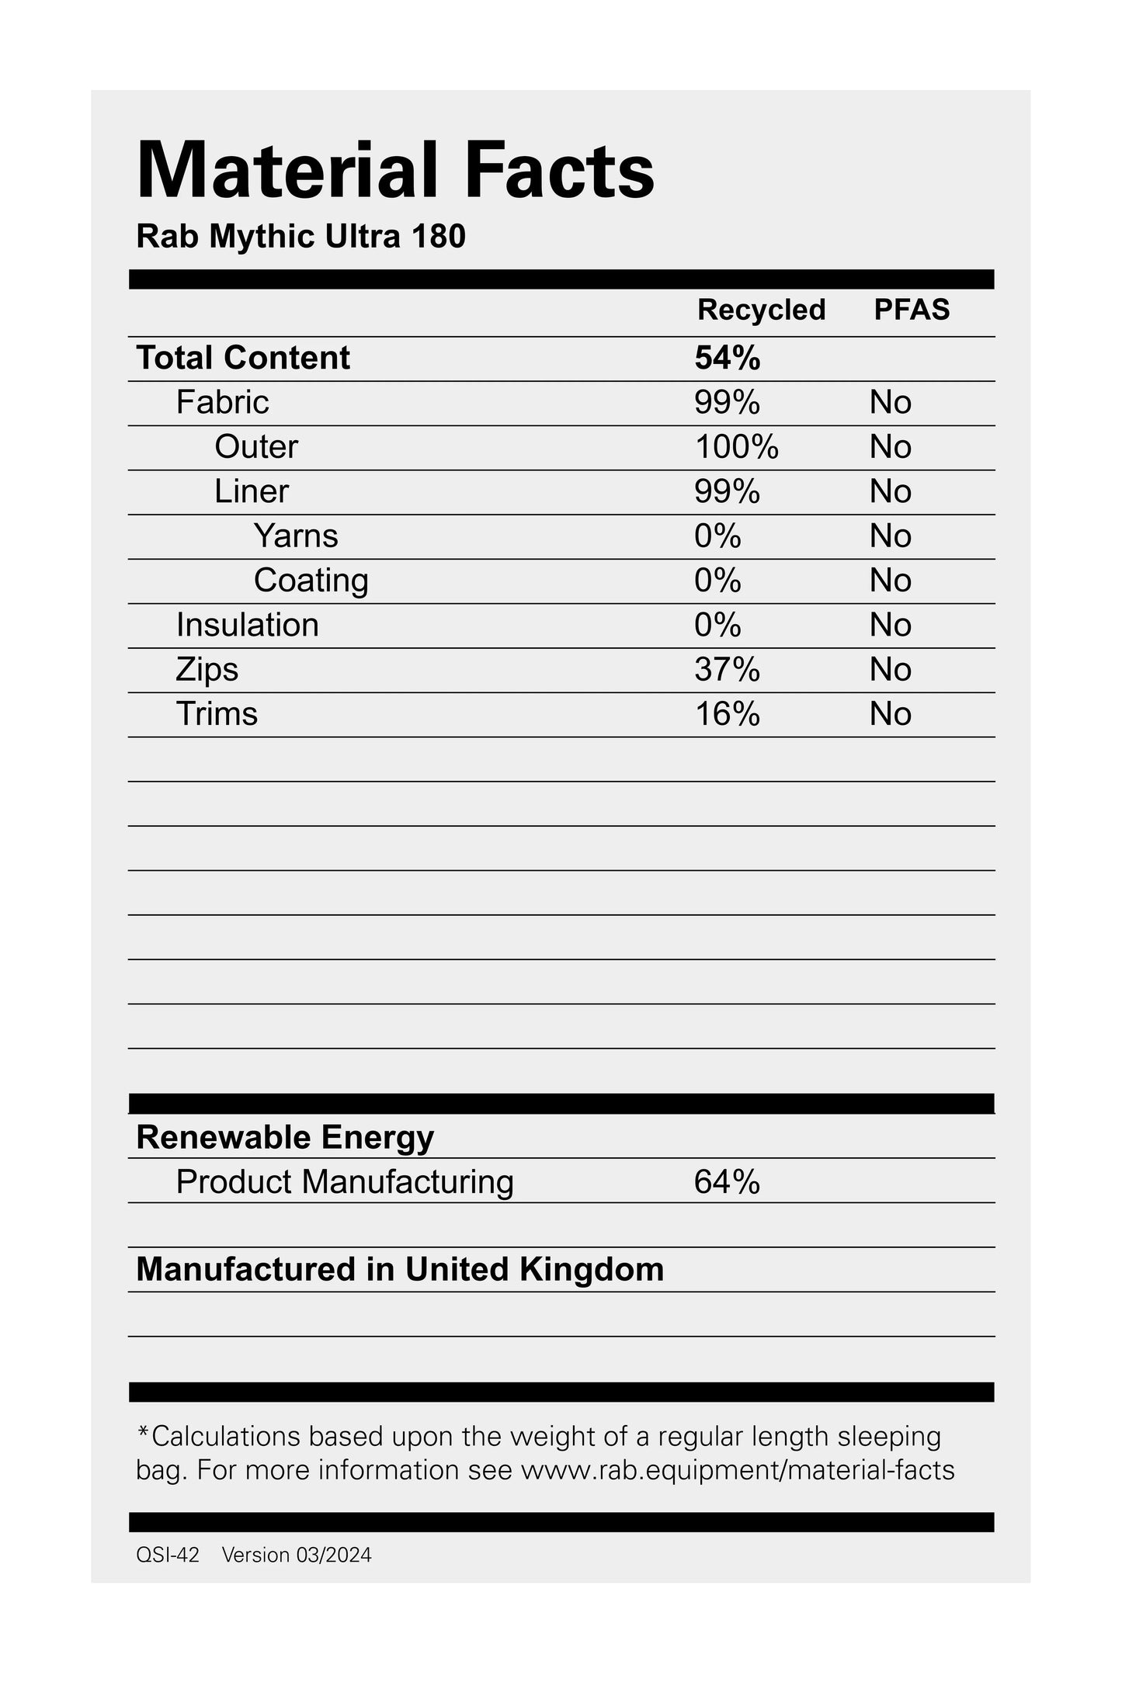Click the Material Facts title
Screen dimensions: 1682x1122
[x=395, y=170]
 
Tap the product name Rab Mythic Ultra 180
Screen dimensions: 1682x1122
[x=300, y=237]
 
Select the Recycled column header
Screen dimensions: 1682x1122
[x=761, y=310]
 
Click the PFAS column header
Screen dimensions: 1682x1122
[x=912, y=310]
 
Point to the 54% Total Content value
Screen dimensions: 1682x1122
[x=727, y=358]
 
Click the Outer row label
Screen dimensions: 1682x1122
[x=255, y=447]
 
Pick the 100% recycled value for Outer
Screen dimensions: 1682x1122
[x=736, y=447]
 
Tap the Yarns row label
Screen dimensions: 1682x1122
[x=296, y=536]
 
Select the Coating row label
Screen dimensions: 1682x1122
[x=311, y=581]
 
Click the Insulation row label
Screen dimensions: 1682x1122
[x=247, y=625]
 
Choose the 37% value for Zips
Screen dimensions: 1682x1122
[x=727, y=670]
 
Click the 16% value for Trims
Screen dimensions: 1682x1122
[x=727, y=714]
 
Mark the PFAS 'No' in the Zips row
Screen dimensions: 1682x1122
[x=890, y=670]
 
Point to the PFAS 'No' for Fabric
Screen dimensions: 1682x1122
[x=890, y=403]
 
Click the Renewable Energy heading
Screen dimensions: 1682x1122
[x=285, y=1137]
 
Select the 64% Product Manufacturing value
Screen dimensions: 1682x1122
[x=727, y=1182]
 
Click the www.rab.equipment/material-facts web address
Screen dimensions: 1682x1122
[x=737, y=1470]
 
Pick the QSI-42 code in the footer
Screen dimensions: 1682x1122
[x=167, y=1555]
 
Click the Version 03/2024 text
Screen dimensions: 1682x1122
[x=297, y=1555]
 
